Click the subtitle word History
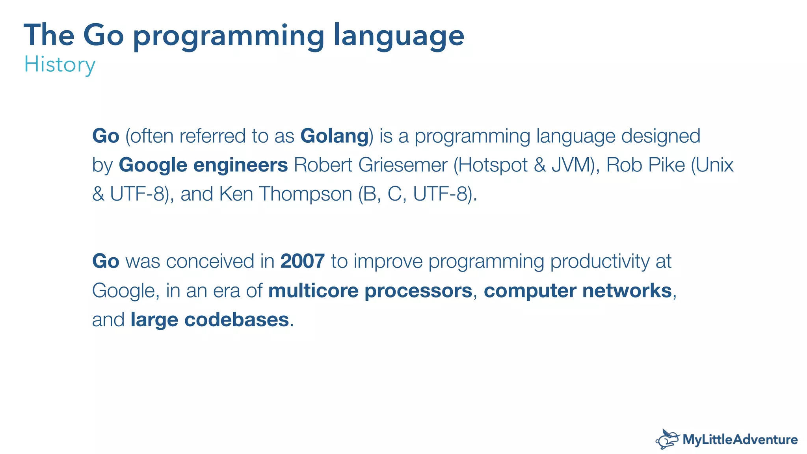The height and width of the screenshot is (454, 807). tap(60, 65)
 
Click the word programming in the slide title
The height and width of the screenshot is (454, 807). tap(229, 36)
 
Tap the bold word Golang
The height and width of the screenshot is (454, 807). tap(334, 136)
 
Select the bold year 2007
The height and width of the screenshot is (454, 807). tap(302, 261)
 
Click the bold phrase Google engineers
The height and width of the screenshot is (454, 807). tap(203, 165)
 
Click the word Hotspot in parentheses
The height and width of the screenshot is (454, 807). tap(493, 165)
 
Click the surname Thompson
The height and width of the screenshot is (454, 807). tap(305, 194)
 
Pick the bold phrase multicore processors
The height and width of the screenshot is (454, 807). tap(370, 291)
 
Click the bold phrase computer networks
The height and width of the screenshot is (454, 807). tap(577, 291)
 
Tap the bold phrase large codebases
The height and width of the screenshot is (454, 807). tap(210, 320)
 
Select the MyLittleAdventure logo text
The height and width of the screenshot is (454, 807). tap(740, 439)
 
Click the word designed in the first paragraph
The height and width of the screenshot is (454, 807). tap(660, 136)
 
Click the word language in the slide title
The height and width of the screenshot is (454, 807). tap(399, 36)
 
